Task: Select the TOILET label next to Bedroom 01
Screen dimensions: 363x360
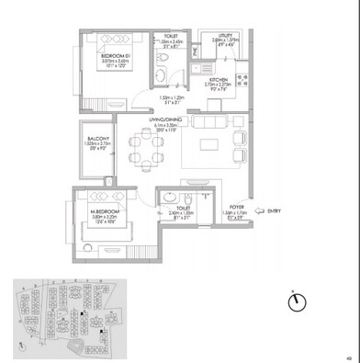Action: pos(170,37)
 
